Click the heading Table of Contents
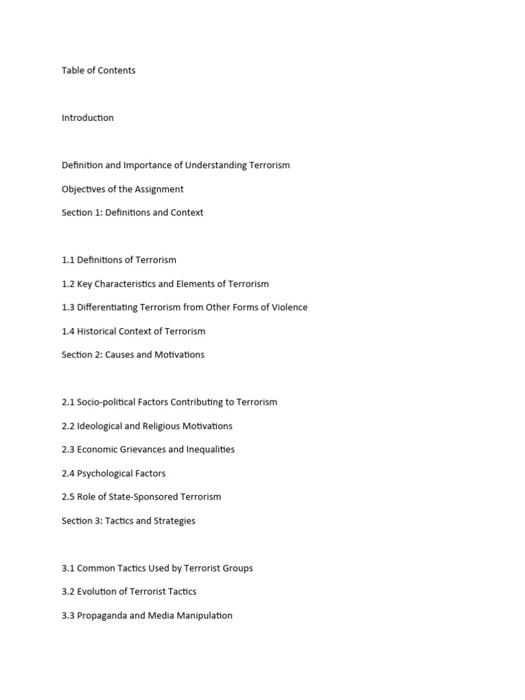[x=98, y=70]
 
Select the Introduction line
[x=87, y=118]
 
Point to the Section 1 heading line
[x=132, y=213]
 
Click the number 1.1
[x=68, y=260]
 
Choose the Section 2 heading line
[x=133, y=355]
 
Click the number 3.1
[x=68, y=568]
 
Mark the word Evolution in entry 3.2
[x=98, y=592]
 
